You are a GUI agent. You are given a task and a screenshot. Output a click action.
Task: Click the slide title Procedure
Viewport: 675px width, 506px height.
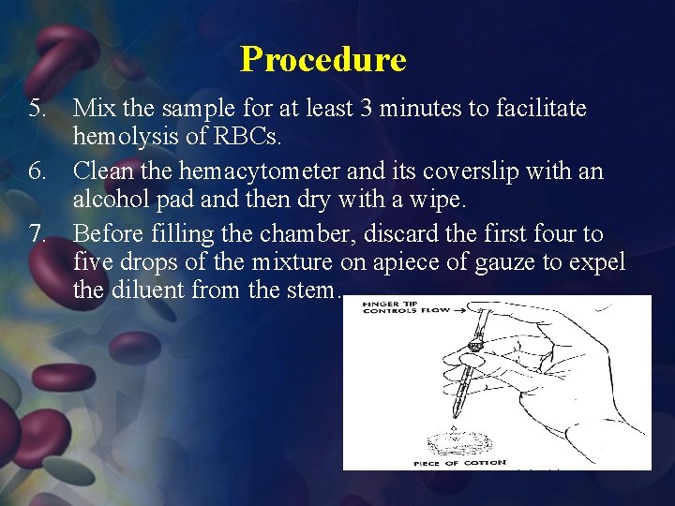point(322,59)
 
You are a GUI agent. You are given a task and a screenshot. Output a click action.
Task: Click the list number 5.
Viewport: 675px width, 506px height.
point(37,110)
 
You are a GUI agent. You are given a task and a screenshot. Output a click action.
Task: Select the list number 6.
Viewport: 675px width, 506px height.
point(37,171)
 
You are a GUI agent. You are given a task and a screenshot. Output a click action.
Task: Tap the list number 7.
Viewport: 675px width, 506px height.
point(37,233)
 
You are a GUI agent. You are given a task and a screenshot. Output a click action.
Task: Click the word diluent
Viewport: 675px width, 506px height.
point(145,290)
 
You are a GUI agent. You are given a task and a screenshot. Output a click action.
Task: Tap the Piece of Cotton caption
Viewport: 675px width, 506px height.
point(460,462)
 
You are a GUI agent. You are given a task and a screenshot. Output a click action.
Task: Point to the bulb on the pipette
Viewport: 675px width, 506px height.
point(475,347)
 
